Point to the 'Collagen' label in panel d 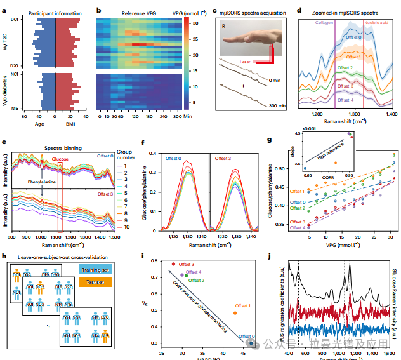[324, 21]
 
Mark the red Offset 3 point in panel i [173, 263]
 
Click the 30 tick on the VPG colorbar [192, 24]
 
